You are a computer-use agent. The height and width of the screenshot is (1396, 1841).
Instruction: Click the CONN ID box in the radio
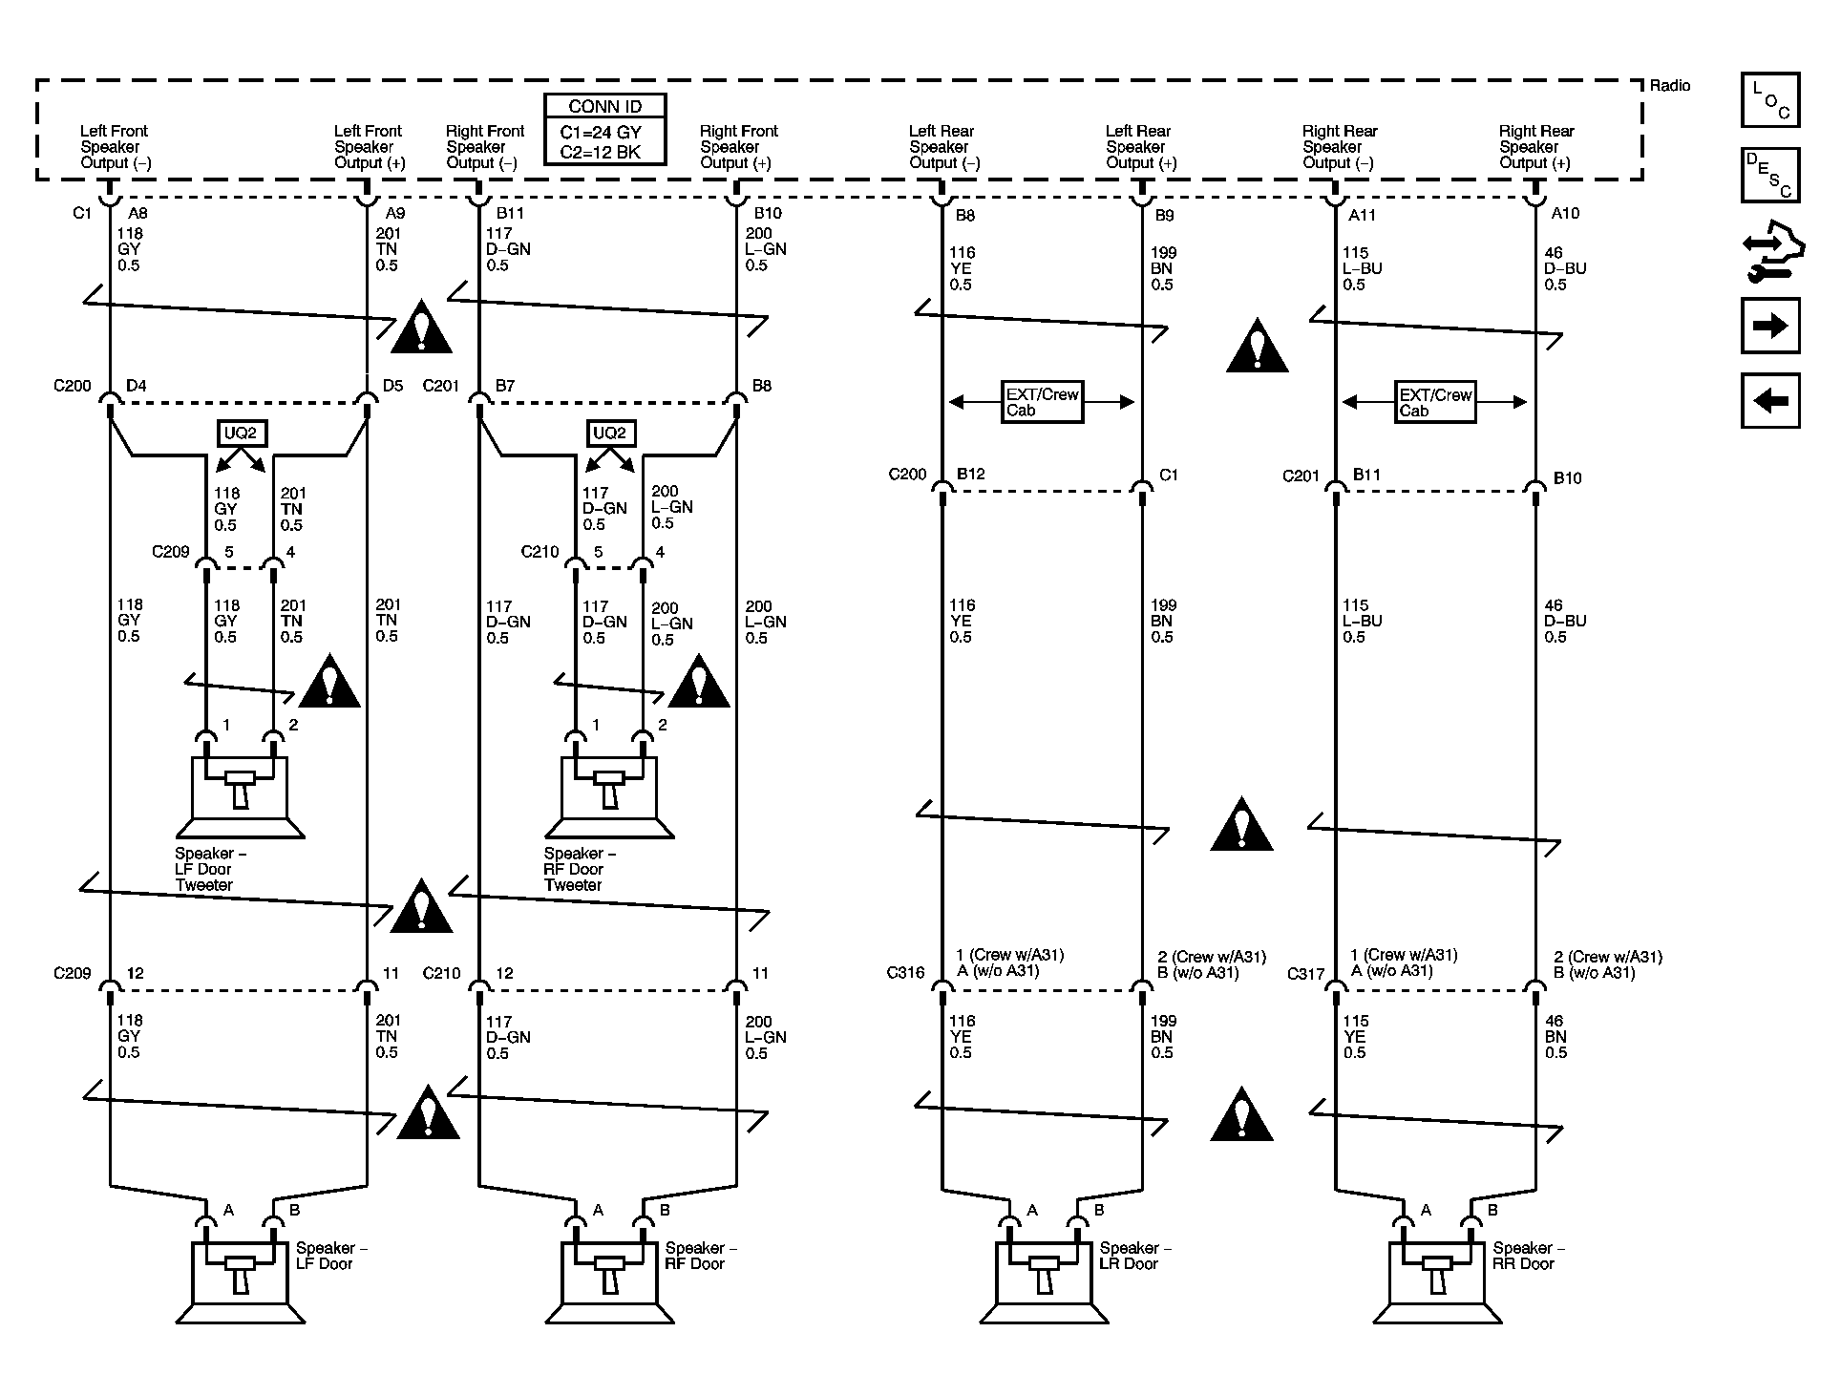pyautogui.click(x=604, y=129)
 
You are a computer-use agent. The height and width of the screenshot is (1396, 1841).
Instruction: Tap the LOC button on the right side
pyautogui.click(x=1769, y=100)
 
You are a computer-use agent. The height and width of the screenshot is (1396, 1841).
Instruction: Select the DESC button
pyautogui.click(x=1769, y=175)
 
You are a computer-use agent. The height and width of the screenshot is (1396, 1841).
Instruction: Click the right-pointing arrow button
pyautogui.click(x=1769, y=326)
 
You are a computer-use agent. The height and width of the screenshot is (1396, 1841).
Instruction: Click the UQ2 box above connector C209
pyautogui.click(x=240, y=434)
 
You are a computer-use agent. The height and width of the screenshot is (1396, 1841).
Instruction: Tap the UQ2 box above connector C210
pyautogui.click(x=609, y=434)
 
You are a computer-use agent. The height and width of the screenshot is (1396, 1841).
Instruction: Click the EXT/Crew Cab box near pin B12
pyautogui.click(x=1042, y=402)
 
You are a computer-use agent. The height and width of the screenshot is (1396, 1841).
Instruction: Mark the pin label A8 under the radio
pyautogui.click(x=138, y=214)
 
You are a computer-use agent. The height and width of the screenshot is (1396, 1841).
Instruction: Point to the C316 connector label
pyautogui.click(x=905, y=973)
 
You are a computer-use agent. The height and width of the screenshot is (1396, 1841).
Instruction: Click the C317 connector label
pyautogui.click(x=1305, y=974)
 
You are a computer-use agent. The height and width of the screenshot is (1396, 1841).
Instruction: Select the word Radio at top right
pyautogui.click(x=1670, y=86)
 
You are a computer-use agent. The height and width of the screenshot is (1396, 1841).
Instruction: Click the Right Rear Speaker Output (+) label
pyautogui.click(x=1535, y=147)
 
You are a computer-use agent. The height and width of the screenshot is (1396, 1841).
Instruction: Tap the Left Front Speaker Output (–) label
pyautogui.click(x=115, y=147)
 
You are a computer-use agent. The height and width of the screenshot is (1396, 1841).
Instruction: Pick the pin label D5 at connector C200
pyautogui.click(x=392, y=386)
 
